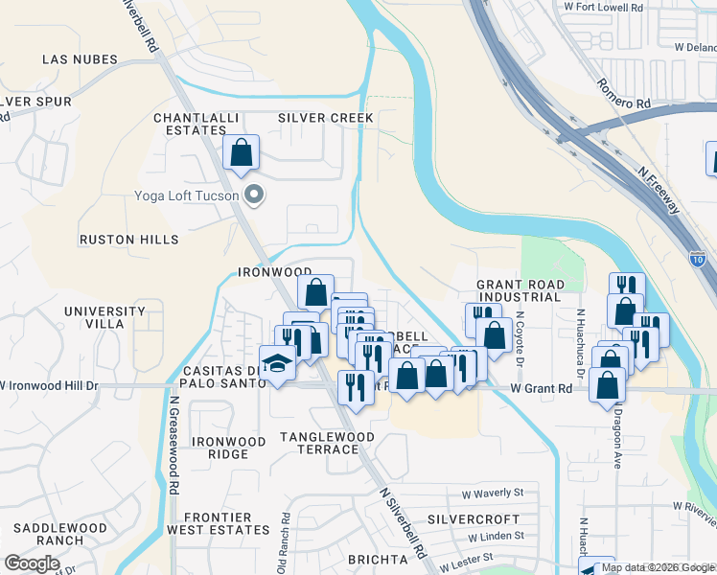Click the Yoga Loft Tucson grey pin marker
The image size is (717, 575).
click(254, 196)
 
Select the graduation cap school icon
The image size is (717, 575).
click(277, 364)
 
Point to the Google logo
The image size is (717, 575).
click(32, 563)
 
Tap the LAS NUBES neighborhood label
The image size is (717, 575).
click(80, 59)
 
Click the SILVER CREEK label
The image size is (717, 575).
click(325, 117)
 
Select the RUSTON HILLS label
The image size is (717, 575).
click(128, 239)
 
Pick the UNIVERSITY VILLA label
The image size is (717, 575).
click(107, 317)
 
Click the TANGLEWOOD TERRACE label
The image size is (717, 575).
click(327, 443)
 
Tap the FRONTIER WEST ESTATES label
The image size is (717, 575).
click(219, 523)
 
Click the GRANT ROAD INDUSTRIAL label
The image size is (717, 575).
click(519, 291)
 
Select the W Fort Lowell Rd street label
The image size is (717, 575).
click(605, 7)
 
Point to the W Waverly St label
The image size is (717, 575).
click(492, 494)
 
